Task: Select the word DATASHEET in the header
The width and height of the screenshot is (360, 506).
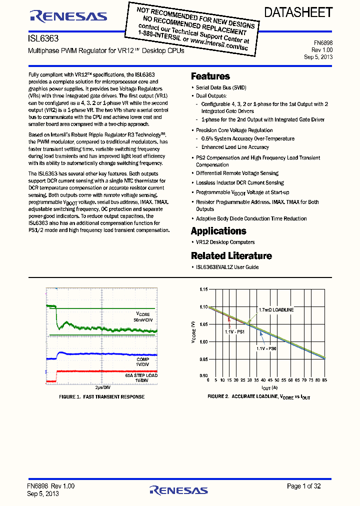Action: tap(298, 12)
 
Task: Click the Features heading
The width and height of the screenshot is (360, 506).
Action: tap(210, 76)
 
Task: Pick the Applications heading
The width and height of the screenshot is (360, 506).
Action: tap(218, 231)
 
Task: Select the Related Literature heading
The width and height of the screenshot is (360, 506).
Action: tap(231, 256)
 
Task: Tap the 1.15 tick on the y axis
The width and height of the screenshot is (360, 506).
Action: tap(203, 289)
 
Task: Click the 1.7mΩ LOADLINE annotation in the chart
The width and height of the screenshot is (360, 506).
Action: tap(276, 310)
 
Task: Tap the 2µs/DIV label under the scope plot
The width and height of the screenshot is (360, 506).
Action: tap(102, 387)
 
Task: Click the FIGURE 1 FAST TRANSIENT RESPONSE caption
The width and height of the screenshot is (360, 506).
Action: tap(102, 396)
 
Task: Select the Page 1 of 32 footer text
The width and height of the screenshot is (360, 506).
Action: tap(304, 486)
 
